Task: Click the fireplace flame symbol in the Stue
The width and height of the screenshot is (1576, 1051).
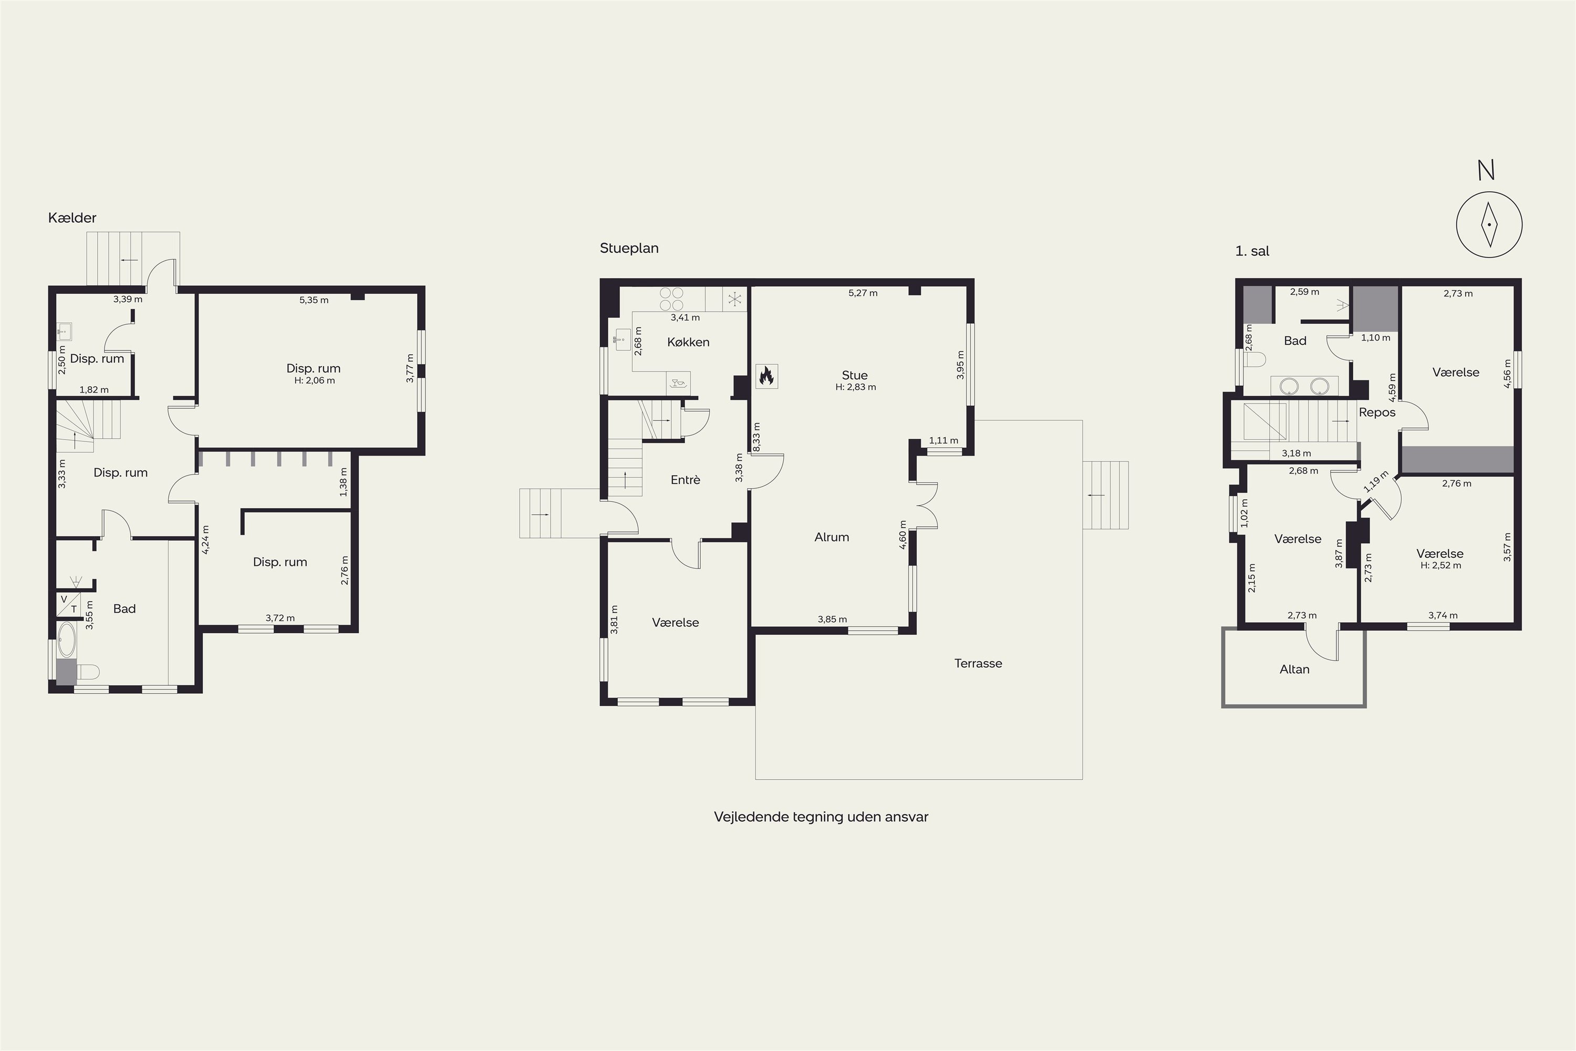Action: point(766,377)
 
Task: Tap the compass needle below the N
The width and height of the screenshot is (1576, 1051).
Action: point(1489,224)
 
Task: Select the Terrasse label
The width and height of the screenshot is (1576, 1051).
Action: point(978,664)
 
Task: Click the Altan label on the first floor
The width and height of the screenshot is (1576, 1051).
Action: point(1294,669)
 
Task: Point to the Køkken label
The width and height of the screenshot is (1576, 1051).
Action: point(688,342)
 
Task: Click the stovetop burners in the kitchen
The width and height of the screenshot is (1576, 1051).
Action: point(671,299)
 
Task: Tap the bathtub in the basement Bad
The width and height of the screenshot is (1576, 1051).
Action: point(66,640)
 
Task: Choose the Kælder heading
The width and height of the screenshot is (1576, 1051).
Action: point(72,218)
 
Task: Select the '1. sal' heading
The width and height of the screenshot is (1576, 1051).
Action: point(1252,251)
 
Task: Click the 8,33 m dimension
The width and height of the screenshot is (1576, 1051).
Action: point(756,437)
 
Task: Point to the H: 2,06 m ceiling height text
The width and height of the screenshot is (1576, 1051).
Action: point(314,380)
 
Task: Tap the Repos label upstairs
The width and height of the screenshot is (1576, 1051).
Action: point(1377,412)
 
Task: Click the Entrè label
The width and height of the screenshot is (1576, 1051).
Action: point(685,480)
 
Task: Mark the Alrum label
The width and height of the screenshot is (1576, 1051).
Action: point(832,537)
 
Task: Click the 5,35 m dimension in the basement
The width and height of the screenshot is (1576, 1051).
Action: point(314,300)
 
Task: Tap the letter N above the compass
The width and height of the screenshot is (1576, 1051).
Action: point(1486,171)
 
